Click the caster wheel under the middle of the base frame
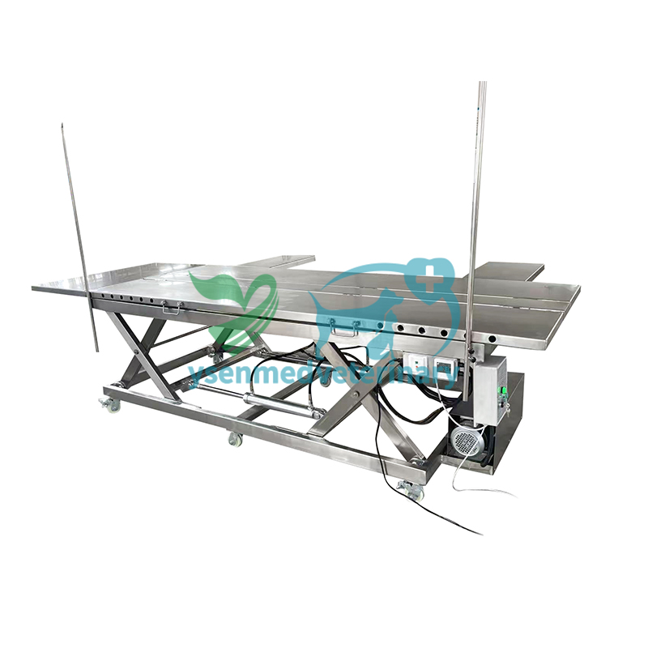236,439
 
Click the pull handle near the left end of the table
173,308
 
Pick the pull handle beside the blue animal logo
345,328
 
